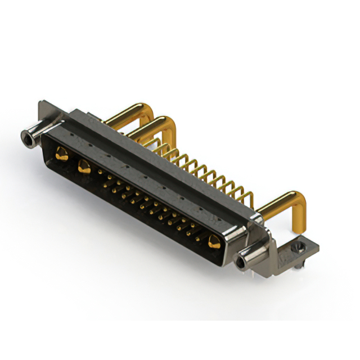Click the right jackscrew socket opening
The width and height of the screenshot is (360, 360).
click(242, 262)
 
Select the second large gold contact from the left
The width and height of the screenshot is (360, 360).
click(85, 166)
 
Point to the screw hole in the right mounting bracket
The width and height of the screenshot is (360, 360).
click(299, 247)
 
